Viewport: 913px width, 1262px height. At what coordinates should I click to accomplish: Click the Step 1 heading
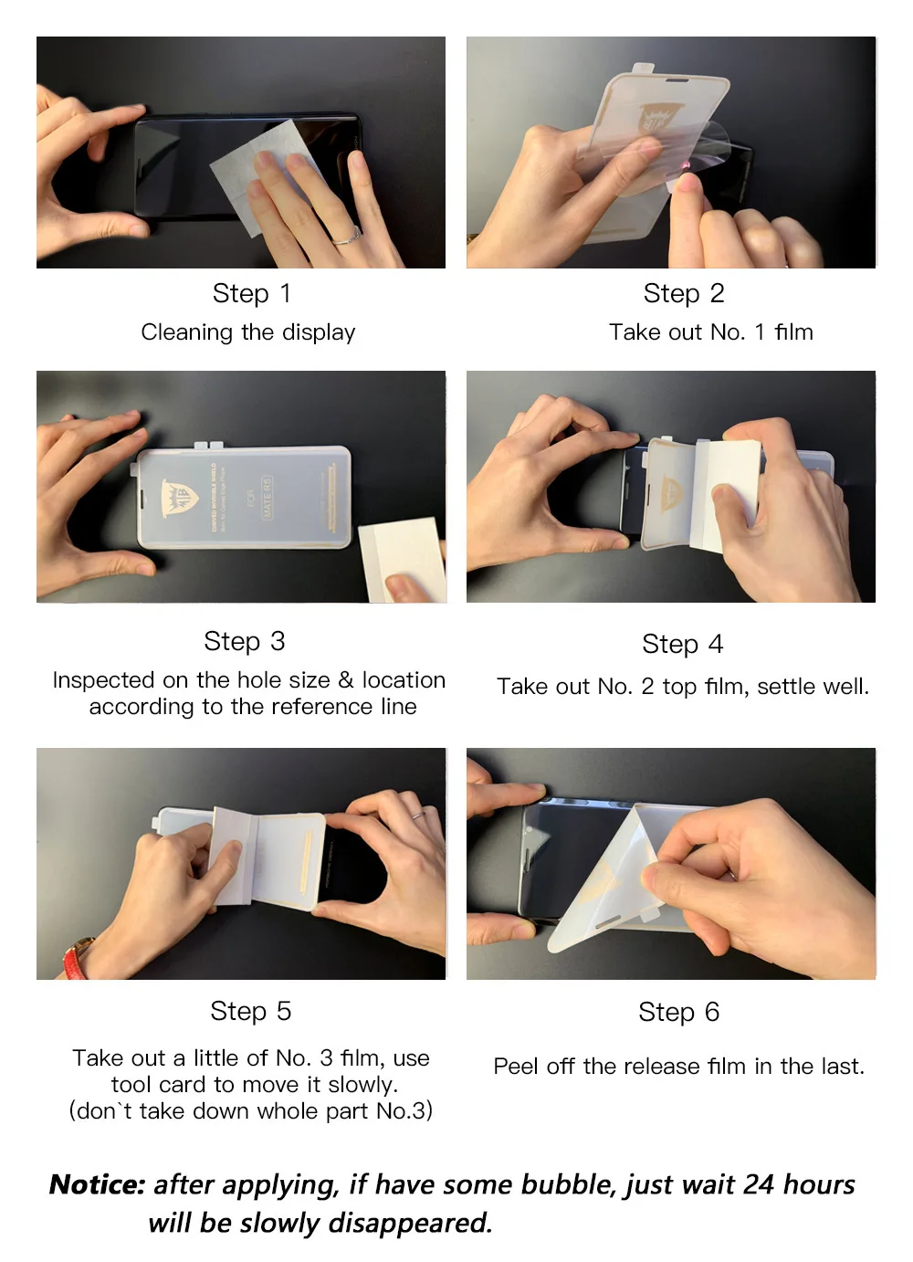(252, 293)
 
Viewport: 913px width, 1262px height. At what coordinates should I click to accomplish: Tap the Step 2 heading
(684, 293)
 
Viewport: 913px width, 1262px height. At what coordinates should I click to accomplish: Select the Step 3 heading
(245, 641)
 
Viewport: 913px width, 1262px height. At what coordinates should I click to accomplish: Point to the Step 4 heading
(683, 644)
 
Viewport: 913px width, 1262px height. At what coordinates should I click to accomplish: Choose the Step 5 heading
(251, 1011)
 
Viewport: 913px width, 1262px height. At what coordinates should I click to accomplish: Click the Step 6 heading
(678, 1012)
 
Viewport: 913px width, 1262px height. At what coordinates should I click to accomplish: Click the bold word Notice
(98, 1184)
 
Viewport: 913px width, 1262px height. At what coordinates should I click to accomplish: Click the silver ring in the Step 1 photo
(347, 237)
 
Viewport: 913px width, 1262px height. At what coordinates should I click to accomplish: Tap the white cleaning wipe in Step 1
(262, 174)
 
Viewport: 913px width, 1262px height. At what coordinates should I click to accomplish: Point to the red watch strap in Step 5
(77, 958)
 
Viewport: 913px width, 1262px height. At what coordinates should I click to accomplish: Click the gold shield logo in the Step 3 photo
(180, 498)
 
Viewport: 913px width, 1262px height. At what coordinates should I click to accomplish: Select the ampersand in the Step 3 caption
(346, 680)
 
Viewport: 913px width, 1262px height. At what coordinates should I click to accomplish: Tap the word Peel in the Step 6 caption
(515, 1067)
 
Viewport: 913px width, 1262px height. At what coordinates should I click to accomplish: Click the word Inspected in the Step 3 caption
(104, 680)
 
